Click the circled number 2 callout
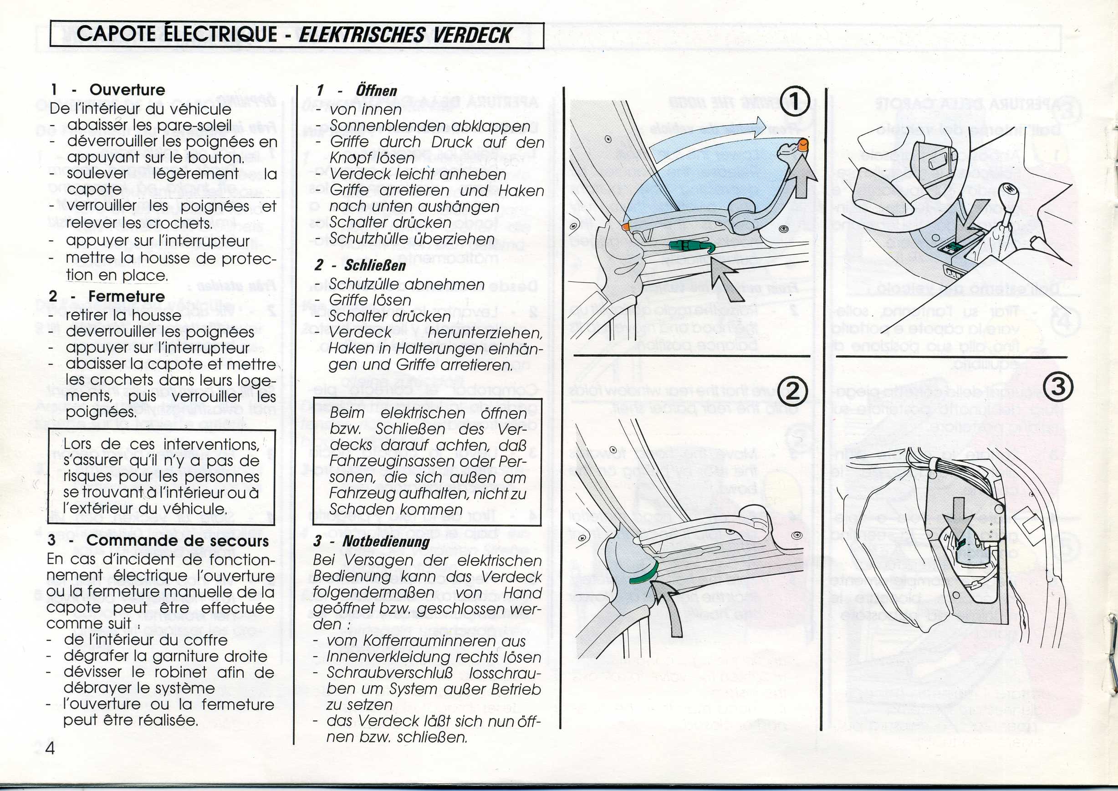click(793, 391)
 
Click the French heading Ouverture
click(127, 90)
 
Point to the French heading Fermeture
click(126, 296)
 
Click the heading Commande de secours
click(177, 541)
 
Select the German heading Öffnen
click(376, 91)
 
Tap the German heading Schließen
click(375, 265)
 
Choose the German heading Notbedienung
click(386, 541)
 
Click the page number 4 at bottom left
click(50, 747)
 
